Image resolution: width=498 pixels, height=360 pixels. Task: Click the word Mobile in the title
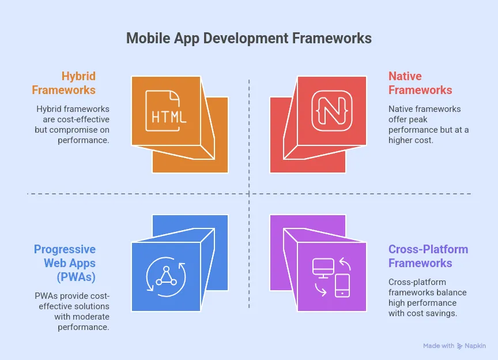(146, 38)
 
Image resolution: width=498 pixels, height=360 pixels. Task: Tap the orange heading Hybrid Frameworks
(64, 83)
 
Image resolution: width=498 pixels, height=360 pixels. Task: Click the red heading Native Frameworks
(420, 83)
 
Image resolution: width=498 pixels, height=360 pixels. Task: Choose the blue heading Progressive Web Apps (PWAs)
(65, 263)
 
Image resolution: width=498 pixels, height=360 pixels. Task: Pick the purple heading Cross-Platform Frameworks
(428, 256)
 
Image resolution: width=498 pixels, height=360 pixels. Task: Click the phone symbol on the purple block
(342, 284)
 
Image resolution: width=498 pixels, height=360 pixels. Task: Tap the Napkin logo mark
(460, 346)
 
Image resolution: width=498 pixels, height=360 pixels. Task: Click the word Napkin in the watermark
(476, 346)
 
